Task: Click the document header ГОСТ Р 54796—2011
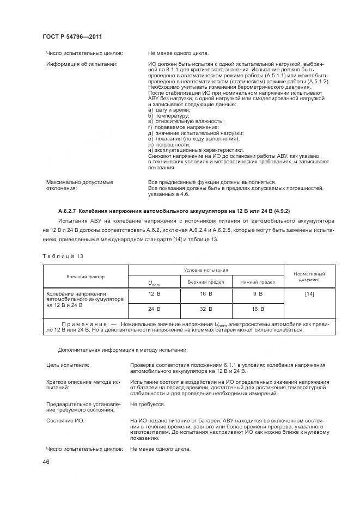(x=72, y=36)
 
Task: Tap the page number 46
(x=46, y=462)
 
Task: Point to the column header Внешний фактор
(x=86, y=277)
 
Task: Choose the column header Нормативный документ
(x=309, y=277)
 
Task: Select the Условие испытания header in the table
(x=206, y=269)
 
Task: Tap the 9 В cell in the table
(x=258, y=294)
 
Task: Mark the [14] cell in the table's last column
(x=309, y=294)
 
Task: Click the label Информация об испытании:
(x=81, y=64)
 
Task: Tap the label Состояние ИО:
(x=68, y=421)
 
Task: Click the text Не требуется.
(x=148, y=404)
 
